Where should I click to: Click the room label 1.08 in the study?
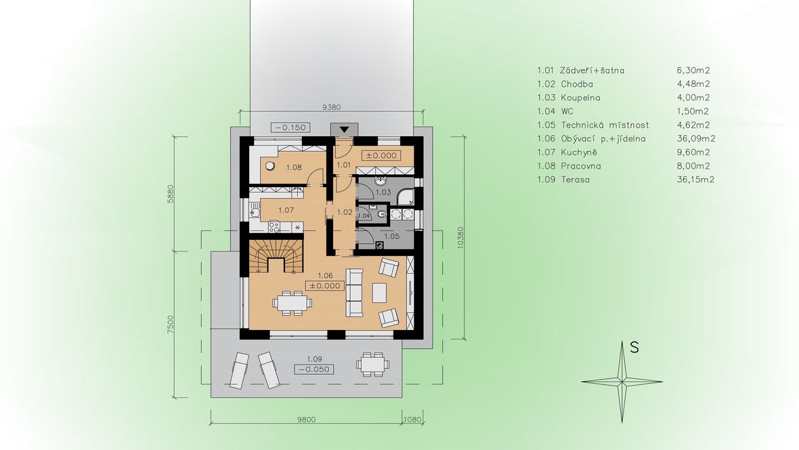[294, 167]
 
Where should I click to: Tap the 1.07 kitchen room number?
[286, 209]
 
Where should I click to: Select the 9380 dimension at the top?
[332, 107]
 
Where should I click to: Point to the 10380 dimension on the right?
[460, 237]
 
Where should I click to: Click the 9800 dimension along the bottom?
[306, 420]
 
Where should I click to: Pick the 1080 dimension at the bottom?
[413, 420]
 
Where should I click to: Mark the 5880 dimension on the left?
[171, 194]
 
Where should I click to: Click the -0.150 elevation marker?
[290, 127]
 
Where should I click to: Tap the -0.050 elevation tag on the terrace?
[314, 369]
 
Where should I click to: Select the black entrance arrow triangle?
[345, 129]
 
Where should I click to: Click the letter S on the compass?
[634, 348]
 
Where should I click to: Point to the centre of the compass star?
[622, 381]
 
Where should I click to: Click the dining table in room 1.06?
[292, 303]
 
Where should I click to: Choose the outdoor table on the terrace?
[372, 365]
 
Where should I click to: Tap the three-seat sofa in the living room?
[354, 292]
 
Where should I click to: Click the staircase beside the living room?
[276, 257]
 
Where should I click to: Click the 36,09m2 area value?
[696, 138]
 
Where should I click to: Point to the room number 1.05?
[392, 237]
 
